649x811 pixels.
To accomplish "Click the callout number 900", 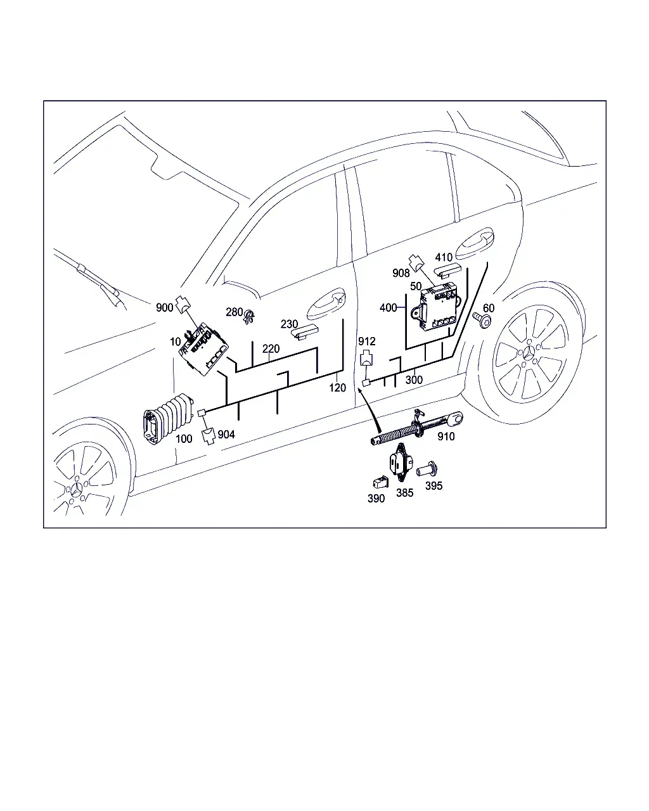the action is click(164, 307).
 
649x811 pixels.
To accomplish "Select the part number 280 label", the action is click(234, 312).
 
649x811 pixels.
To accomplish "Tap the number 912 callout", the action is click(366, 342).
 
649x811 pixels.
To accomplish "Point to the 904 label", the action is click(226, 435).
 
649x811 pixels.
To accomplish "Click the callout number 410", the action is click(444, 257).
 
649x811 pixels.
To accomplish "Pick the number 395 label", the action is click(434, 486).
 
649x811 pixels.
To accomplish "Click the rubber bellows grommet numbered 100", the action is click(168, 418).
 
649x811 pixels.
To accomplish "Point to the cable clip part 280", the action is click(249, 316).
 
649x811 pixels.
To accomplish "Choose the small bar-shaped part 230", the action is click(305, 332).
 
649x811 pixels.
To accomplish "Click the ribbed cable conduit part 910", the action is click(418, 428).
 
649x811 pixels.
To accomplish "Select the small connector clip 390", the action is click(380, 482).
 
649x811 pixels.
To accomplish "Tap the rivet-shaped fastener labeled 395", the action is click(427, 469).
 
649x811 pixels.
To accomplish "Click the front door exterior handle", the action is click(326, 304).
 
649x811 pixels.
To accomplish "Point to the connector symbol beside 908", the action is click(416, 263).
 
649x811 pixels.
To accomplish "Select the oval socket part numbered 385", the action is click(401, 463).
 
